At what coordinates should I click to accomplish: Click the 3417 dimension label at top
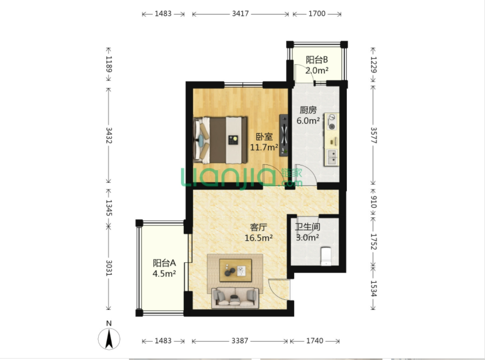pyautogui.click(x=240, y=14)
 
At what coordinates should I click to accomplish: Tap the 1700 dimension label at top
pyautogui.click(x=317, y=14)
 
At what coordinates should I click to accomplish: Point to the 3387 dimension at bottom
pyautogui.click(x=240, y=341)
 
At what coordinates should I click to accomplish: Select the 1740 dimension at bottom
pyautogui.click(x=315, y=341)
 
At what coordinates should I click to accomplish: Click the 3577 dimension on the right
pyautogui.click(x=374, y=135)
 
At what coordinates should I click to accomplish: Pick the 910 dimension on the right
pyautogui.click(x=374, y=202)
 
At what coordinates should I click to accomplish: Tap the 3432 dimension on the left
pyautogui.click(x=108, y=135)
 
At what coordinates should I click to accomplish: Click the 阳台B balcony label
pyautogui.click(x=317, y=60)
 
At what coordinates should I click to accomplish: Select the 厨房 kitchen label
pyautogui.click(x=308, y=110)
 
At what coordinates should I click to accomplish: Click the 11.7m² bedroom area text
pyautogui.click(x=264, y=147)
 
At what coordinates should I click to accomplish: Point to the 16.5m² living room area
pyautogui.click(x=259, y=238)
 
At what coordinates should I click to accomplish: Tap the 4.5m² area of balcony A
pyautogui.click(x=164, y=274)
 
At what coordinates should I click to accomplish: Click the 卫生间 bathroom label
pyautogui.click(x=307, y=227)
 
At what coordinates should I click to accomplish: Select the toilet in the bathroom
pyautogui.click(x=326, y=256)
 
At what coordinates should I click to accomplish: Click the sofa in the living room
pyautogui.click(x=235, y=298)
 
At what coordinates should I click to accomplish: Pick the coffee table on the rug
pyautogui.click(x=235, y=270)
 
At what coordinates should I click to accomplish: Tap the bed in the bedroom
pyautogui.click(x=220, y=140)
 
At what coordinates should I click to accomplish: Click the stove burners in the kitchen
pyautogui.click(x=332, y=122)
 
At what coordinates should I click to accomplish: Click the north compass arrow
pyautogui.click(x=109, y=339)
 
